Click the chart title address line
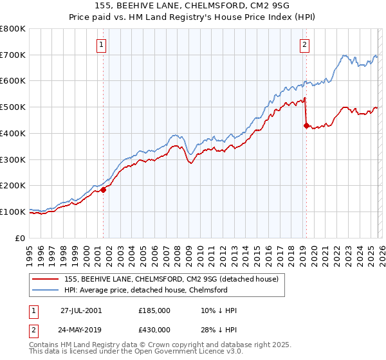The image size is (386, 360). (x=192, y=6)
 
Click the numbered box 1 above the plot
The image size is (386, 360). (x=102, y=44)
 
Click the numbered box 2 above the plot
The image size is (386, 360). (x=304, y=44)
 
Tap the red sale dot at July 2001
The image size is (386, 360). (x=103, y=190)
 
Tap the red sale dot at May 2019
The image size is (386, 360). (x=306, y=126)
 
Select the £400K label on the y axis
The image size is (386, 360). (x=13, y=133)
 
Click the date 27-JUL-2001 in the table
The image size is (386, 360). (x=81, y=310)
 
